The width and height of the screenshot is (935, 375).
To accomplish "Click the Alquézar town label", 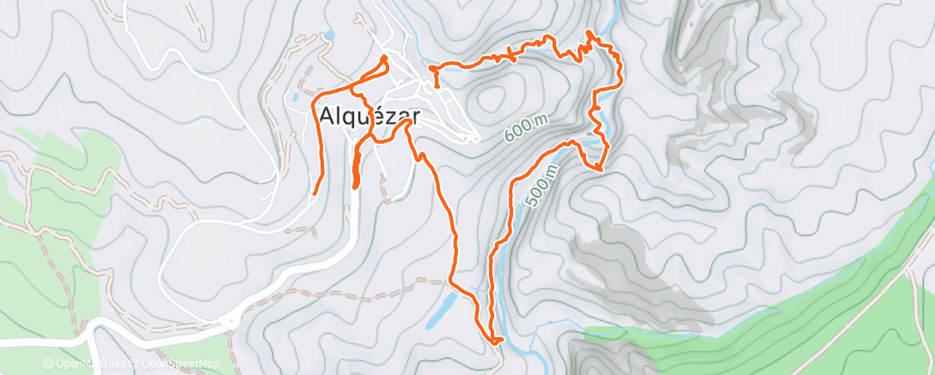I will [365, 116].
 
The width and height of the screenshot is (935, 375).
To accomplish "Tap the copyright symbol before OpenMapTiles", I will [47, 365].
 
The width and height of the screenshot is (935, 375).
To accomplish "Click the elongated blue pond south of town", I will [439, 310].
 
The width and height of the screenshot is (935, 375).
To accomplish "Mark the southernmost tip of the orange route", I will [495, 342].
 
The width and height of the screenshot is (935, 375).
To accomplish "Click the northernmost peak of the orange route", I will [590, 32].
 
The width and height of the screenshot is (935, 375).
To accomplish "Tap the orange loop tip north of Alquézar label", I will [384, 58].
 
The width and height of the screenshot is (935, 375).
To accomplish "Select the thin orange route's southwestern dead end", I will [315, 193].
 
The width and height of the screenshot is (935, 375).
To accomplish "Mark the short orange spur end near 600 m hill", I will [437, 86].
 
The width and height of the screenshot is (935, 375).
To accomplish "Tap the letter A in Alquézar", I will [327, 116].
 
